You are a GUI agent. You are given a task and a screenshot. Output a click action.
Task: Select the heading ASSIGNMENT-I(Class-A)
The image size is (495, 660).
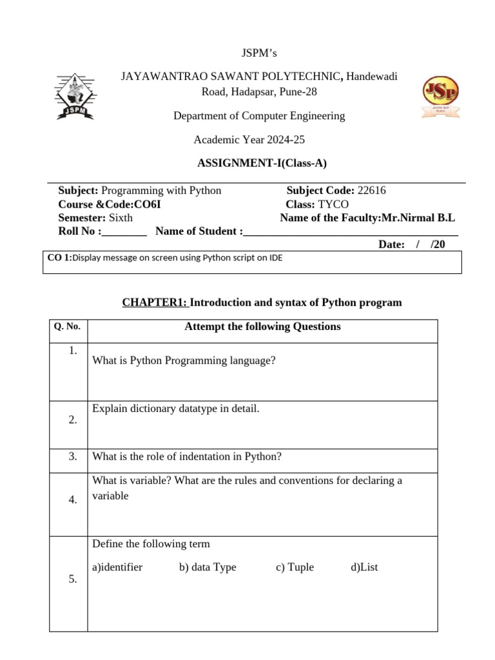point(262,163)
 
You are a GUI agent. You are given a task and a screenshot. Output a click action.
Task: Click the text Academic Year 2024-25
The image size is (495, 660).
point(249,140)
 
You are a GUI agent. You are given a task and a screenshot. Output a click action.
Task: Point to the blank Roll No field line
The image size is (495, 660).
point(125,232)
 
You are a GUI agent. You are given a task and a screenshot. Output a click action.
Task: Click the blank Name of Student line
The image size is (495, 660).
point(351,232)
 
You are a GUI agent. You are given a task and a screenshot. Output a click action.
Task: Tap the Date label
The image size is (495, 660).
point(391,244)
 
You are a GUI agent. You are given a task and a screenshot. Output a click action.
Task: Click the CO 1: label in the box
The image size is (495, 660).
point(59,258)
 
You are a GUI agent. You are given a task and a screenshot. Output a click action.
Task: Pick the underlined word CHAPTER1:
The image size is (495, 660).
point(155,302)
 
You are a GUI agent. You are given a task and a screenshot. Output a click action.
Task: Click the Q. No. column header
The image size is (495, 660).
point(68,326)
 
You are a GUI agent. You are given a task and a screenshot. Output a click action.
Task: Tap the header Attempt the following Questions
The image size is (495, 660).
point(262,326)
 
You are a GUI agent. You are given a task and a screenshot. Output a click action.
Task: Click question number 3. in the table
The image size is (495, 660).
point(73,456)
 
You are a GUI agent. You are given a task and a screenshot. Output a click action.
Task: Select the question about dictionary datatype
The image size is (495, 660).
point(176,409)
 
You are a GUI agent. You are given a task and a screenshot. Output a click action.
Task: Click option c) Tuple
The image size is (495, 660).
point(295,567)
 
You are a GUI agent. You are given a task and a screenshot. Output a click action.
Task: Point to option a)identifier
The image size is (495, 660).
point(117,567)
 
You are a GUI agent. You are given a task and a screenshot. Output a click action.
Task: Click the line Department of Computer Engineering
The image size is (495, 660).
point(259,116)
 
